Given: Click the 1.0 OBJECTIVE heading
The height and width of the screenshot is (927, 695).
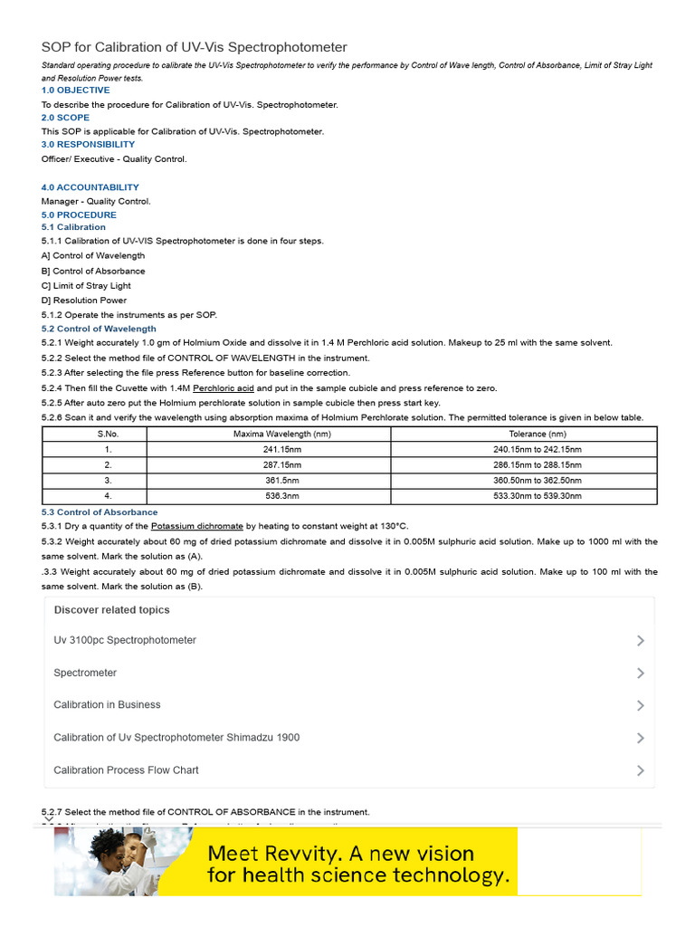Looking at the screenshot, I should pos(75,91).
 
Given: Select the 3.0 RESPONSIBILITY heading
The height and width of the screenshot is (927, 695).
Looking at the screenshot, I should pos(88,144).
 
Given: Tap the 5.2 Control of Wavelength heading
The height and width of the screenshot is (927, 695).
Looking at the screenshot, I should pos(99,329).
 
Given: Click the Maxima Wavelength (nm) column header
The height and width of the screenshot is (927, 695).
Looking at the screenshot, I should pos(269,435).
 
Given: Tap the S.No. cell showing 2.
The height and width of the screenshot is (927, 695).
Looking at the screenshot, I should pos(108,465).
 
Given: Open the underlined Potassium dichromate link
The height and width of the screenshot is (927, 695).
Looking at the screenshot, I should pos(196,526).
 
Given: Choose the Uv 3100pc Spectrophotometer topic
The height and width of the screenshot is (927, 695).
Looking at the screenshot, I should pos(125,640).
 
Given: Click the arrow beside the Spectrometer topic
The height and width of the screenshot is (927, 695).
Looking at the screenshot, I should pos(641,673).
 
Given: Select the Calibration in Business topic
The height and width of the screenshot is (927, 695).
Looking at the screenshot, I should pos(107,704).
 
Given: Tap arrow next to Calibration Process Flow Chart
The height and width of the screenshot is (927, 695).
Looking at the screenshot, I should pos(641,770).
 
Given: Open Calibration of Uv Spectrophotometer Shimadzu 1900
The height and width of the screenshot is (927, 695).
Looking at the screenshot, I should pos(176,737).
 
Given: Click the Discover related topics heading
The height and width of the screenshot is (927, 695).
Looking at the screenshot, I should pos(111,610).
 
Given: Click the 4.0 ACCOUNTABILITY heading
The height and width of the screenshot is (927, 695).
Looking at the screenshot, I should pos(90,187).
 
